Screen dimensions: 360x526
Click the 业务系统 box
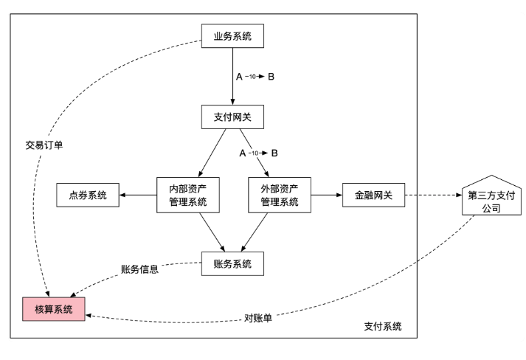232,36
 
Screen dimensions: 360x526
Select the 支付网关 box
232,116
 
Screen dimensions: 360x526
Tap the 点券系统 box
88,195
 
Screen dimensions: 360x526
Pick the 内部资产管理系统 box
187,195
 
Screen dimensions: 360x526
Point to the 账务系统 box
232,263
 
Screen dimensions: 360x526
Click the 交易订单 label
44,145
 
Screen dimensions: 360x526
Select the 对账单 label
258,319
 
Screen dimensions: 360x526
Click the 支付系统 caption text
384,326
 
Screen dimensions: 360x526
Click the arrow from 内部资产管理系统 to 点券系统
138,195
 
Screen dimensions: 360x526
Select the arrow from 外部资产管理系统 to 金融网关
327,195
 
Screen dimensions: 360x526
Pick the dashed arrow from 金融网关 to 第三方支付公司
433,195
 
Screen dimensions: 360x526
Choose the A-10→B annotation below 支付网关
259,153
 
